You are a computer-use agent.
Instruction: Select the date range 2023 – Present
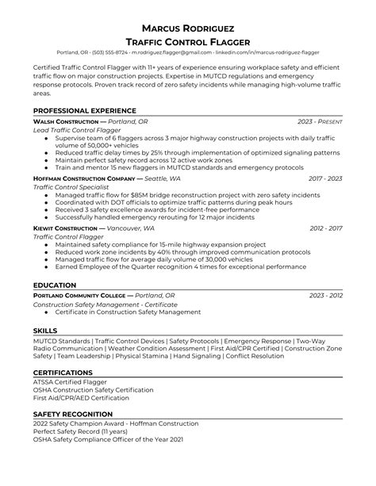(x=320, y=121)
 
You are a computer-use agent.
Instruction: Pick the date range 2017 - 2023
(x=325, y=178)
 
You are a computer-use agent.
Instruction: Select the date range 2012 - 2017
(x=326, y=228)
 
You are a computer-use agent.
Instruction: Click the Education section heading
(x=55, y=285)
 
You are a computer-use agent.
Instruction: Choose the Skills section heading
(x=45, y=329)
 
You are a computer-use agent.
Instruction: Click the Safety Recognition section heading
(x=73, y=415)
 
